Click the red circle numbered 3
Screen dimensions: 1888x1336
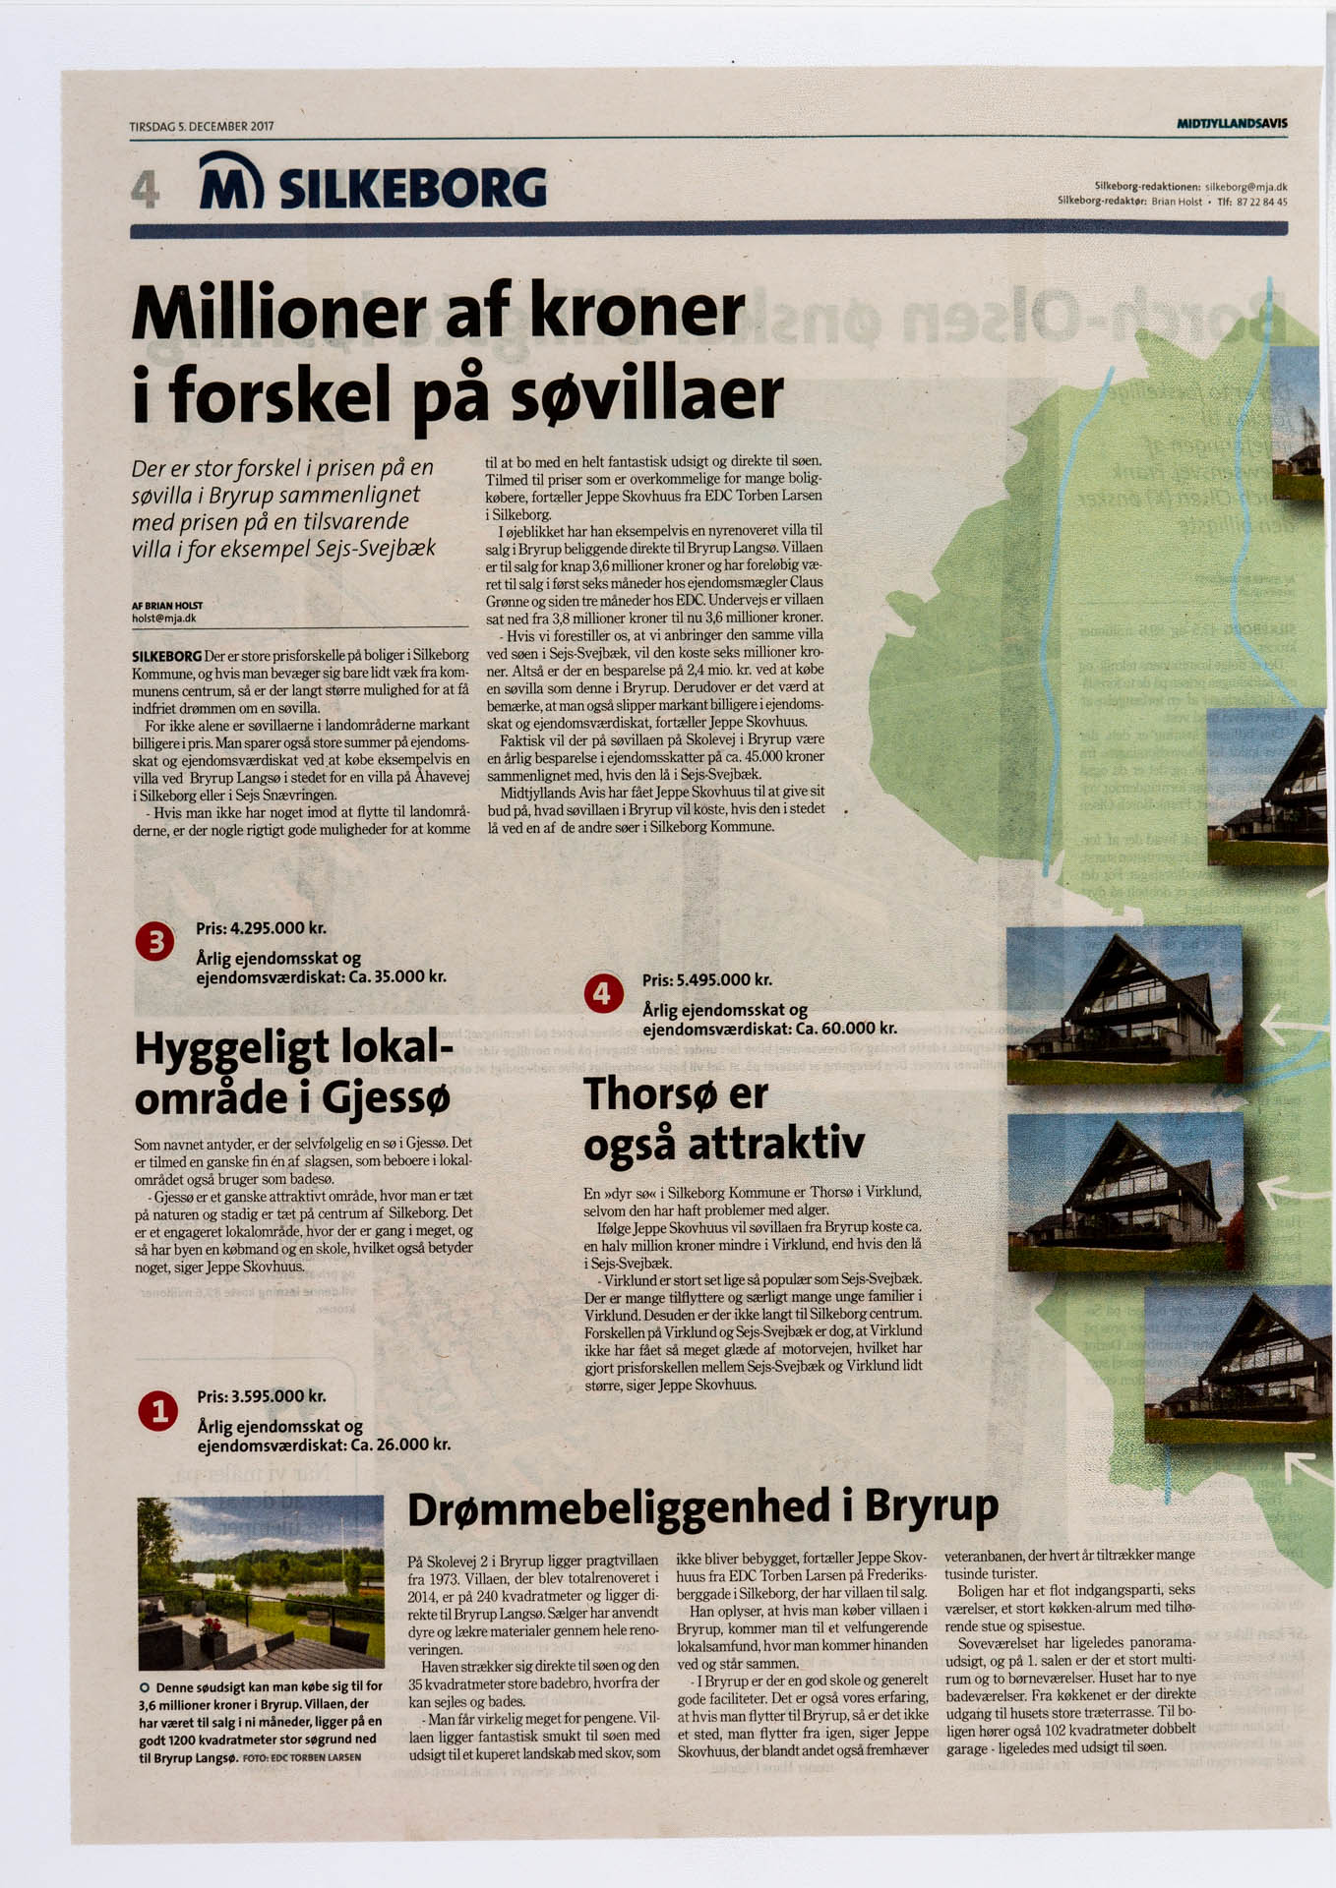(x=154, y=942)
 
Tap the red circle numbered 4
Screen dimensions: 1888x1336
(x=602, y=994)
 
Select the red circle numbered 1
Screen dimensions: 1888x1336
(x=157, y=1412)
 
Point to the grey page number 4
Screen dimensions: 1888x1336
(x=145, y=189)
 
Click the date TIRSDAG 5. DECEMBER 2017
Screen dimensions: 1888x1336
(x=202, y=127)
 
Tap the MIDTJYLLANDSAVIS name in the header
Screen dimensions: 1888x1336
(x=1232, y=124)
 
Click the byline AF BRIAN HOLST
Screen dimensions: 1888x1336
(x=167, y=606)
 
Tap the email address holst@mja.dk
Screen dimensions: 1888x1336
(x=164, y=619)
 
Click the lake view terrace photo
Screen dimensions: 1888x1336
(x=261, y=1582)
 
